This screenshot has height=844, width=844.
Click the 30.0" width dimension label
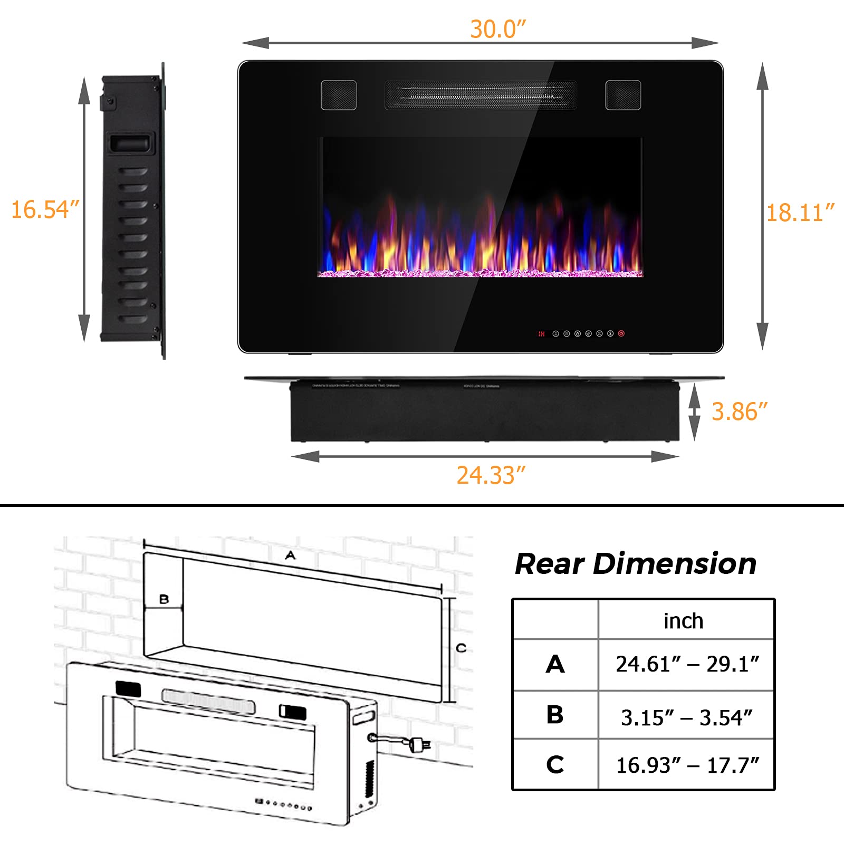point(498,29)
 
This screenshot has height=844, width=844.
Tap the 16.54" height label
point(45,209)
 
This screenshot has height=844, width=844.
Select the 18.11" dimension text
point(800,213)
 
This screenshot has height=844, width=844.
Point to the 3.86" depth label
point(739,412)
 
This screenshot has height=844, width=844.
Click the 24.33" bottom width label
point(491,475)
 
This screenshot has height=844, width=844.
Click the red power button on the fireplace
point(621,333)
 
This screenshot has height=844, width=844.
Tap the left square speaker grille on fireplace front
point(339,95)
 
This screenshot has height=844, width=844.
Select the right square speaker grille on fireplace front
point(623,95)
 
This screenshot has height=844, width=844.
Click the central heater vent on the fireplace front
point(481,95)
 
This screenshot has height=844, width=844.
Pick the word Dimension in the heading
point(675,563)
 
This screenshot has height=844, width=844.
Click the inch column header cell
point(684,621)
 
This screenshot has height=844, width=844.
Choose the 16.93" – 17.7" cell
point(687,765)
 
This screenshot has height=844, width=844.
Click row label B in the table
point(555,715)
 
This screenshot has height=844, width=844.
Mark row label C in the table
point(555,764)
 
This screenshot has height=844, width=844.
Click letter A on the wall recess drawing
point(291,555)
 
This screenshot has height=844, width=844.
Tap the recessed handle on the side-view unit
point(131,143)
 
